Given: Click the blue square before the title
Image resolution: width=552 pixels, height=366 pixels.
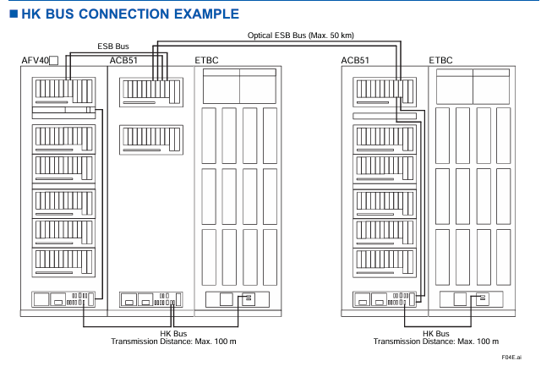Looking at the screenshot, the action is [14, 14].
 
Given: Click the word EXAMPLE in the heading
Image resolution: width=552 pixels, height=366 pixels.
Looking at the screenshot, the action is [206, 14].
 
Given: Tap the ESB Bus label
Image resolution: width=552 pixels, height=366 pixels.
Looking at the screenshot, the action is [113, 46].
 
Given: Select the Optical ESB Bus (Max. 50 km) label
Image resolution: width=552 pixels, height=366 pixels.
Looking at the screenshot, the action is [301, 36].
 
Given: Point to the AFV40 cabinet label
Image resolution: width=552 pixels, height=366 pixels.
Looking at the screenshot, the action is [35, 61].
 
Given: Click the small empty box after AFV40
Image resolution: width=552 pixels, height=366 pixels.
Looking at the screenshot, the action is [53, 61].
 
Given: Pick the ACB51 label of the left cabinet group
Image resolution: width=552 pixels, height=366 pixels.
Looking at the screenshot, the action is [123, 61].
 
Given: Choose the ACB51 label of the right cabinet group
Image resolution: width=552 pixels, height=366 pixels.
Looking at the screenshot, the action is [355, 61].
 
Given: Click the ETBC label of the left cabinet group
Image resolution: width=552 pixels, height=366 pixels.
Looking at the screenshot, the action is [206, 61].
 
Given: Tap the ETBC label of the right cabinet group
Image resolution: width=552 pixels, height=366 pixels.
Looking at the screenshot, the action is [440, 61].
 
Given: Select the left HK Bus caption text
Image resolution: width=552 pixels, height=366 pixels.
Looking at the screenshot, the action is [173, 334].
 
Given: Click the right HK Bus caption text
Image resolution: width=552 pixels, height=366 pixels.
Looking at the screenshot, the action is [436, 334].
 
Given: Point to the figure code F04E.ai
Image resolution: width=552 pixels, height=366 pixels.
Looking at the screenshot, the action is [511, 358].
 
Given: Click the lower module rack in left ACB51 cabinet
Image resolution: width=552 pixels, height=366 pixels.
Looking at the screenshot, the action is [151, 139].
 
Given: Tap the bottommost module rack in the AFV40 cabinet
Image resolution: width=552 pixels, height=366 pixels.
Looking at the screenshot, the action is [63, 262].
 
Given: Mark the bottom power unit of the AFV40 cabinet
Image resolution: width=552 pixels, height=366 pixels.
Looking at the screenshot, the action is [63, 299].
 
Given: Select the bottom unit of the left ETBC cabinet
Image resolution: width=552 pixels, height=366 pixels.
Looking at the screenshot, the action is [238, 299].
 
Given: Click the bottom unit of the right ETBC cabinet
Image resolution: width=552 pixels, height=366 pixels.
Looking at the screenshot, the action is [471, 299].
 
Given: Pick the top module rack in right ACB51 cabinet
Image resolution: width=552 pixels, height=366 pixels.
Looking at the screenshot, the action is [385, 92].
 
